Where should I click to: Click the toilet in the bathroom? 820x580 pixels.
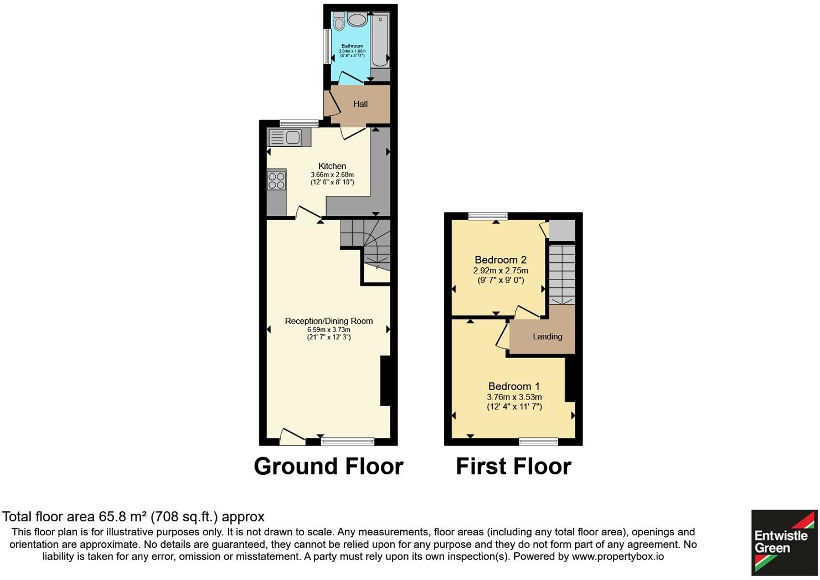339,23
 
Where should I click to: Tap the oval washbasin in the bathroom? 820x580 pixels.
357,20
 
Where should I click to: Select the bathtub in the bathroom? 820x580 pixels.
380,42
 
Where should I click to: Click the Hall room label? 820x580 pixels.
360,104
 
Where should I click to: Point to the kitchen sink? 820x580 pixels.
285,137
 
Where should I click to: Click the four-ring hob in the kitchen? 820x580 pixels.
276,181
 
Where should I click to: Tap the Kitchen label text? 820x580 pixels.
332,166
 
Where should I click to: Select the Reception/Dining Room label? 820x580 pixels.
329,321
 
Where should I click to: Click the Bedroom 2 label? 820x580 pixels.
501,260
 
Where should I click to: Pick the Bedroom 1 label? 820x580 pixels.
514,386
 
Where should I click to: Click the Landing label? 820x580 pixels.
547,336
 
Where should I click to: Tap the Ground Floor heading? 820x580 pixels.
328,467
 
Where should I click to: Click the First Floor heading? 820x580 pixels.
513,467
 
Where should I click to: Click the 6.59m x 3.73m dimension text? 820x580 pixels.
329,330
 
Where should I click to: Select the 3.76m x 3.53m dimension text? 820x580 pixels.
514,397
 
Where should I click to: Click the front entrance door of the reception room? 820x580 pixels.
292,437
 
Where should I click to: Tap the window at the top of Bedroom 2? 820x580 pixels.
488,216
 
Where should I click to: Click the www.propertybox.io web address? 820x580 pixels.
617,557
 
